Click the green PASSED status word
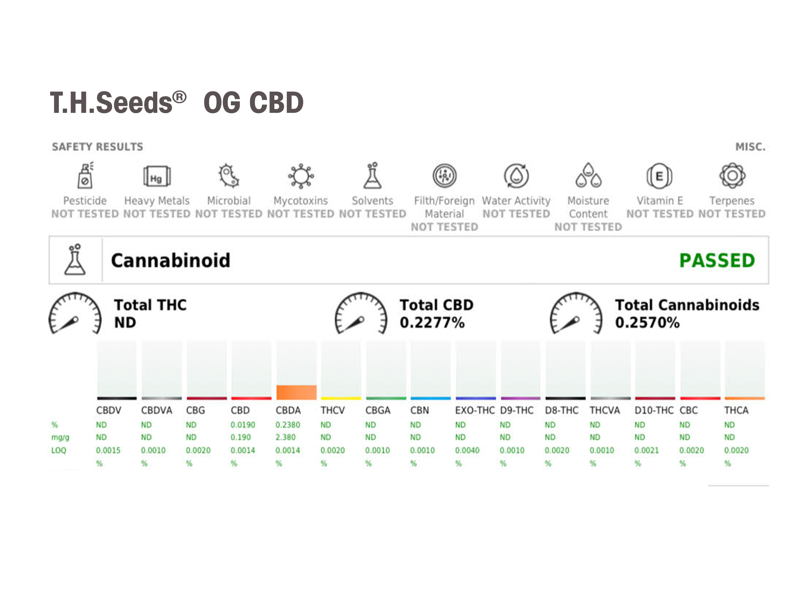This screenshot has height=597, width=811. (717, 261)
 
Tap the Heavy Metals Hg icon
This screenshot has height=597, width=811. (157, 176)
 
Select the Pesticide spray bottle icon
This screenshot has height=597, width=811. (85, 176)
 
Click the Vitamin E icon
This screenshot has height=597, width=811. (659, 176)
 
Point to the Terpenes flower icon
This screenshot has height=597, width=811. (732, 176)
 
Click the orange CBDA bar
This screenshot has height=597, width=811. (296, 392)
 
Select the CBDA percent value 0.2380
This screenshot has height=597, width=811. (287, 425)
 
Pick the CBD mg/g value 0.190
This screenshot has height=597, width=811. (241, 437)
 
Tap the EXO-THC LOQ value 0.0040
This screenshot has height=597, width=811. (467, 450)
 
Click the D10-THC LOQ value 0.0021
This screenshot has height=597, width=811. (646, 450)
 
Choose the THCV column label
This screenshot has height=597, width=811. (332, 411)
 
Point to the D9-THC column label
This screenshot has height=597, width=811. (517, 411)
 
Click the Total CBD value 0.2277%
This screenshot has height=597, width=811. (432, 322)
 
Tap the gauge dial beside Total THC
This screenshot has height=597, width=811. (75, 313)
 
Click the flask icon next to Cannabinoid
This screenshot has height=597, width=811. (75, 260)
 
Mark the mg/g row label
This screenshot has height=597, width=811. (60, 437)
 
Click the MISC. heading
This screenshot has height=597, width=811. (750, 147)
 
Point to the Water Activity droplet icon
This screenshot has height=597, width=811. (516, 176)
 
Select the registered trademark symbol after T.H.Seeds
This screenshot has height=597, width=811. (179, 97)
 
